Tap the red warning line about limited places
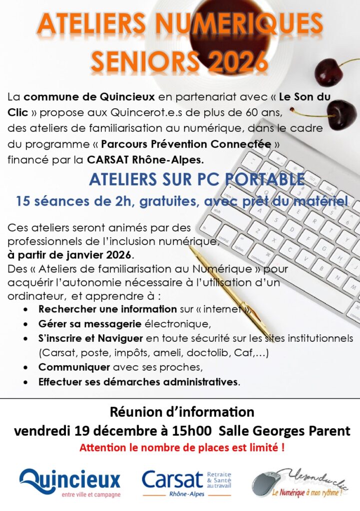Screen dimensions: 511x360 click(182, 448)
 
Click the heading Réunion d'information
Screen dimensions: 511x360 click(182, 412)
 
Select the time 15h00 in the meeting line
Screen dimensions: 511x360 click(194, 431)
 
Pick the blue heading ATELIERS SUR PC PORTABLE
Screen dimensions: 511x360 click(197, 180)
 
